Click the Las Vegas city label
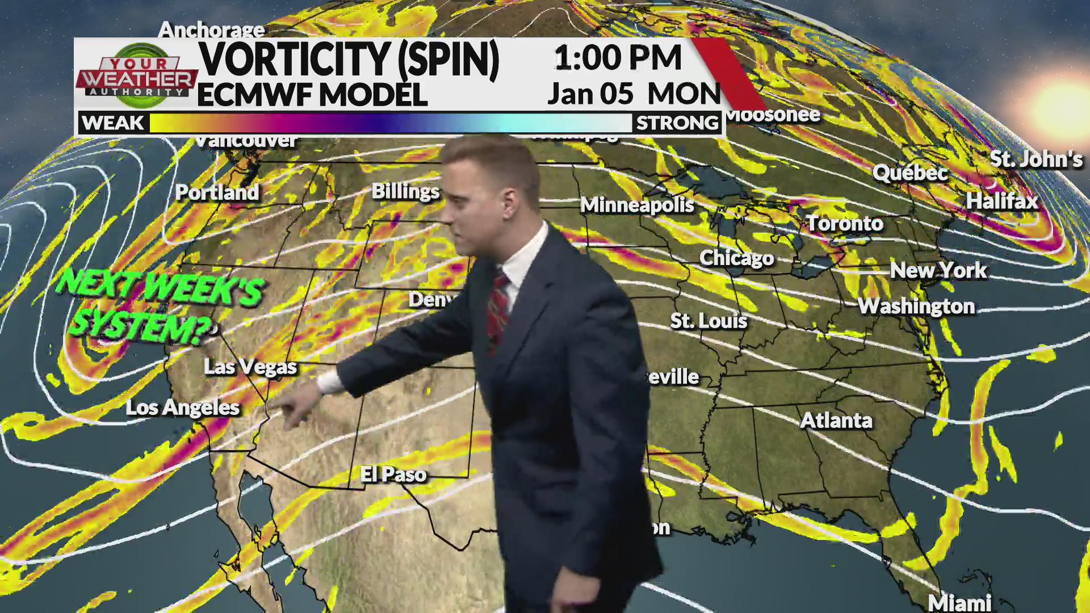250,367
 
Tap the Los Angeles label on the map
183,408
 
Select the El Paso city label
393,475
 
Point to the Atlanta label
836,421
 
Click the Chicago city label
736,258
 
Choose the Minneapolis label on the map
637,205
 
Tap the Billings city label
405,191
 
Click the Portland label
217,192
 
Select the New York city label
938,270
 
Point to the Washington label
916,306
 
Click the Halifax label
1002,201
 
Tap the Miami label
959,602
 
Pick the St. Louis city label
708,321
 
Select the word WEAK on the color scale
113,123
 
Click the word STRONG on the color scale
677,123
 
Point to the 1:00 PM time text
618,58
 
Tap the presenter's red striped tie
498,309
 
